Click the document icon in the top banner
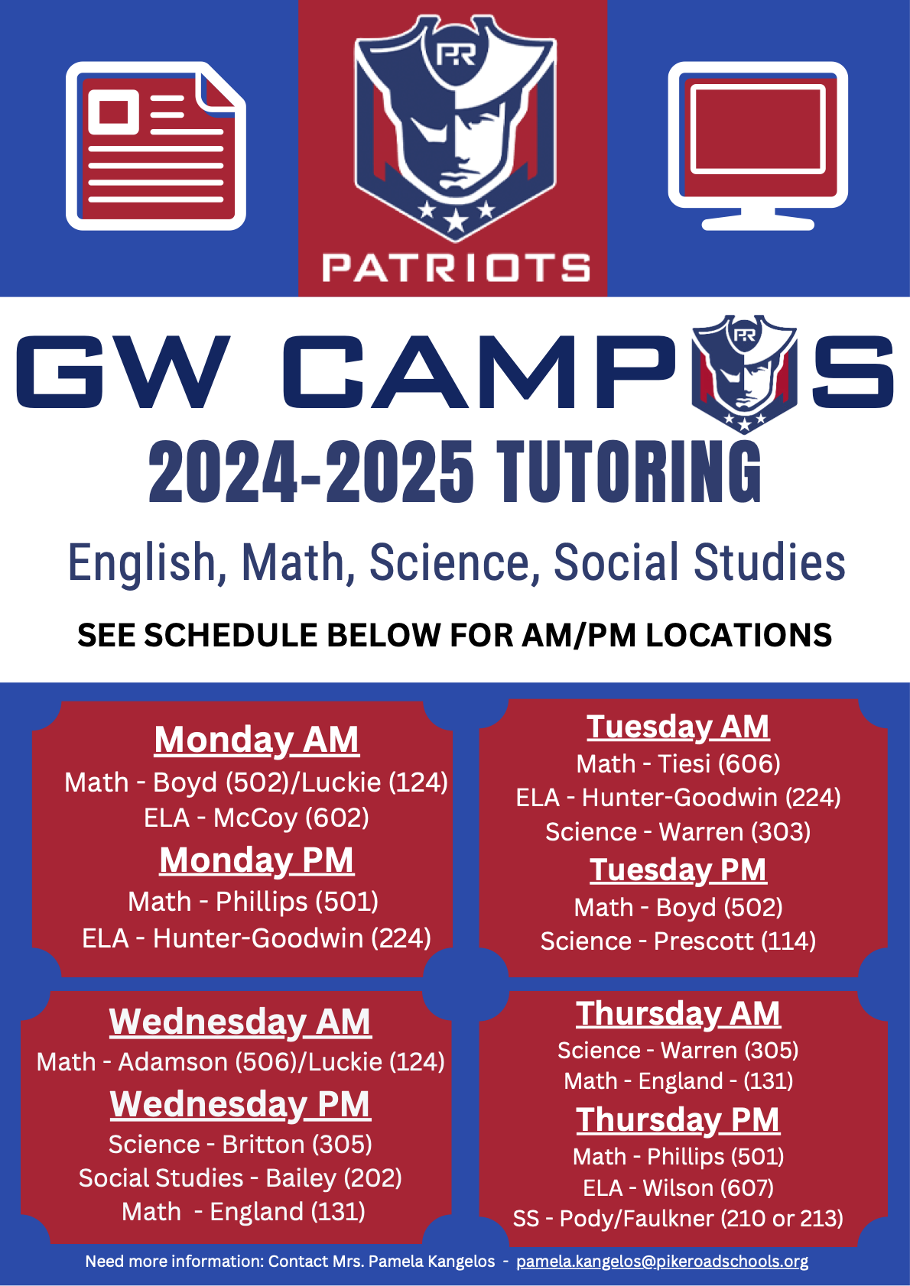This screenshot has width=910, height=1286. click(156, 146)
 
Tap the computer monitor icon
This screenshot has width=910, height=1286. click(758, 146)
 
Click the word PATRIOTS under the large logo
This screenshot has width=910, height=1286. click(457, 267)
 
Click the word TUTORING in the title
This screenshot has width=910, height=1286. click(629, 472)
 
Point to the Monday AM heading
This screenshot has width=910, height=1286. click(256, 740)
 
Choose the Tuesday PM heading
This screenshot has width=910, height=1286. click(678, 870)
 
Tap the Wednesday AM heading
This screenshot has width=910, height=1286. click(240, 1022)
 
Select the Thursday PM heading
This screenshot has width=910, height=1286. click(678, 1119)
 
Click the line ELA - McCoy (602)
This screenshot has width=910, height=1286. click(256, 818)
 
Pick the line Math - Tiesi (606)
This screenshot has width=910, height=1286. click(678, 763)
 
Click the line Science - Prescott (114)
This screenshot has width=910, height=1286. click(678, 941)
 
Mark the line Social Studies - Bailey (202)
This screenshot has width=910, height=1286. click(240, 1178)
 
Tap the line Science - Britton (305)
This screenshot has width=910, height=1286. click(240, 1144)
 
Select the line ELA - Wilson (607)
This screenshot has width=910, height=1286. click(678, 1188)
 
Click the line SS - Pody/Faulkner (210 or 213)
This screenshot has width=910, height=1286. click(678, 1218)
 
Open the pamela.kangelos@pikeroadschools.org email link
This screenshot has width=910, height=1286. click(662, 1262)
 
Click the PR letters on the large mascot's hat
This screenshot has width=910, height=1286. click(456, 55)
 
